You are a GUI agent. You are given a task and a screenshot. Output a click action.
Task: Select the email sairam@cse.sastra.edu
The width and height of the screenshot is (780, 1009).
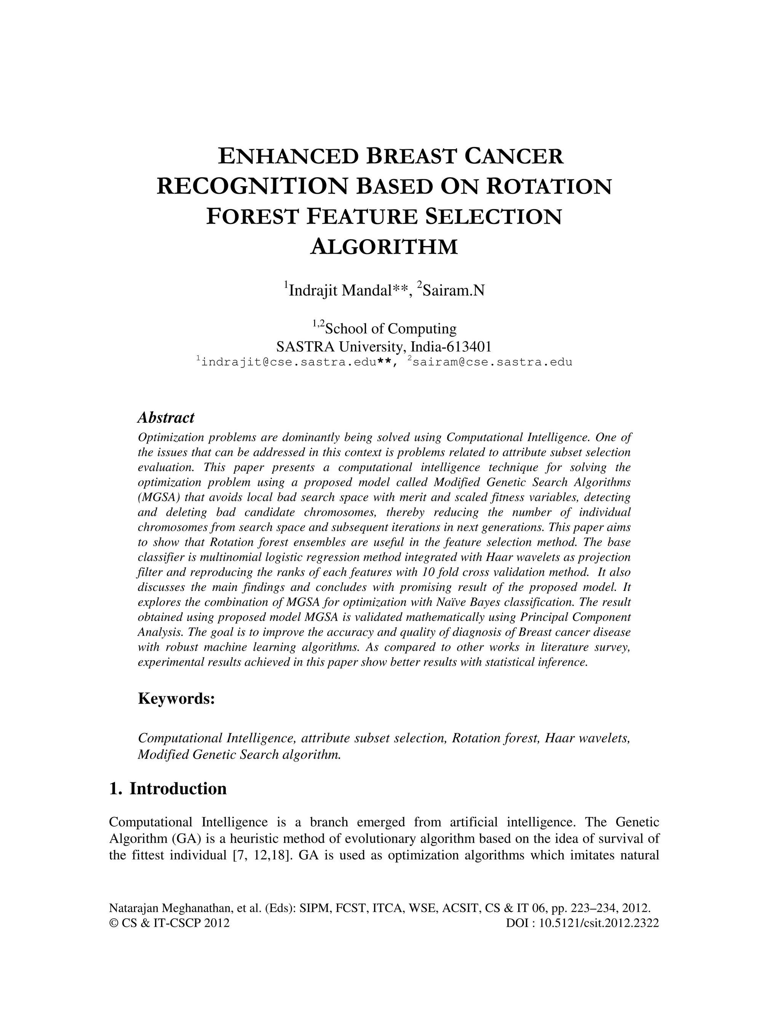pos(492,362)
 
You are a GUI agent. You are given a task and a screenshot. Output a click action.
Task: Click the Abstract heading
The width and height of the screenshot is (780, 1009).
pos(166,418)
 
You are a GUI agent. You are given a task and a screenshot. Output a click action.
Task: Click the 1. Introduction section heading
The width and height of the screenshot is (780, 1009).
pos(168,789)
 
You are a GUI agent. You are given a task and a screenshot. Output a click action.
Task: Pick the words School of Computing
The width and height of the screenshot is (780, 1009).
pos(390,329)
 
